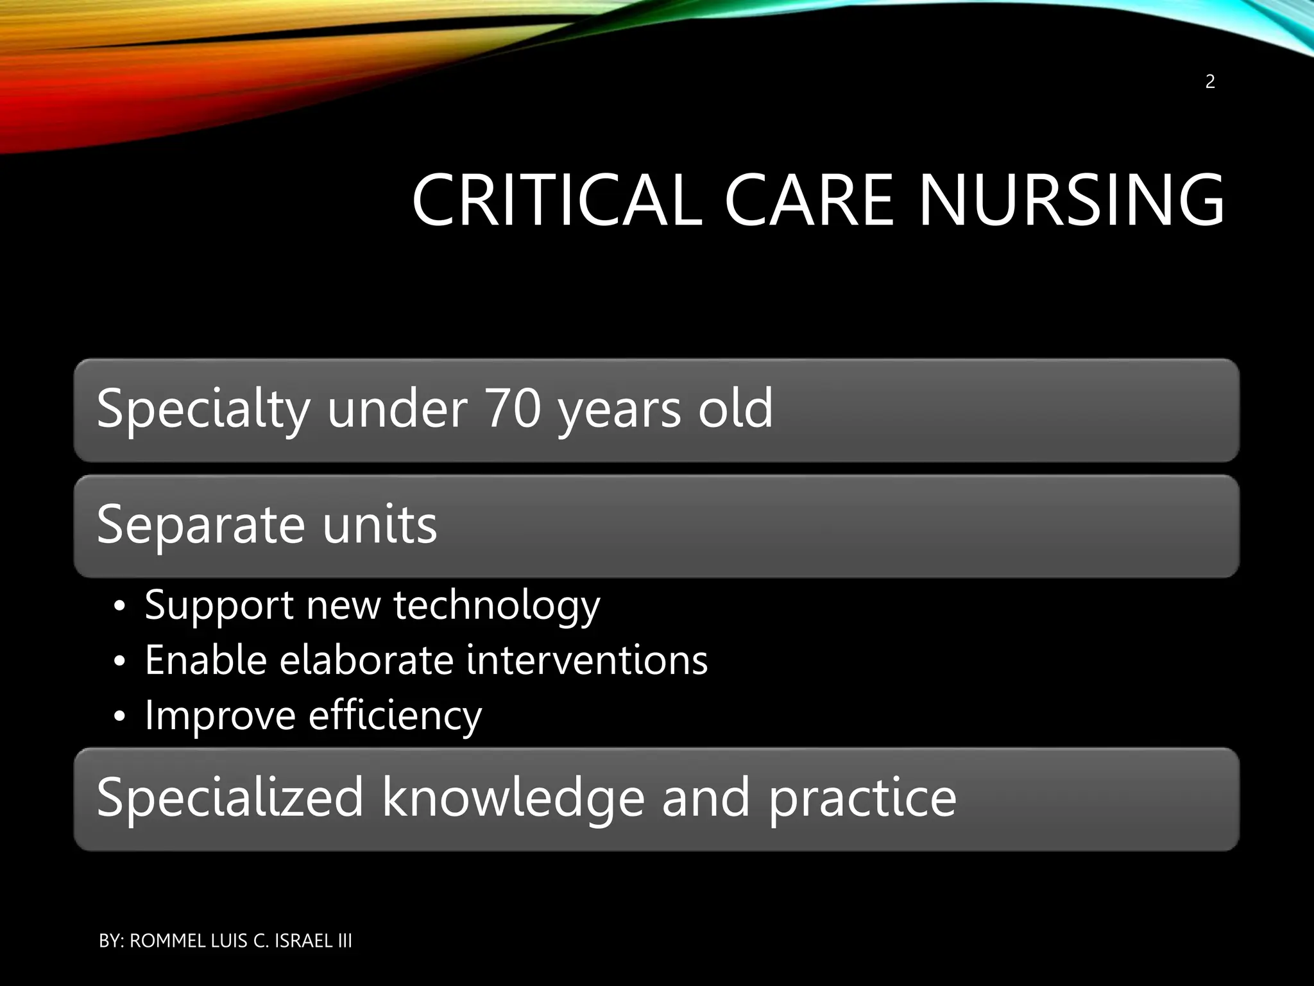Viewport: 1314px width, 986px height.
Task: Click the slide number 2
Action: point(1210,82)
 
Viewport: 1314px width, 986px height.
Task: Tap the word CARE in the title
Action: point(809,200)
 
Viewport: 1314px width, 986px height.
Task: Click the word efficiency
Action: point(395,716)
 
